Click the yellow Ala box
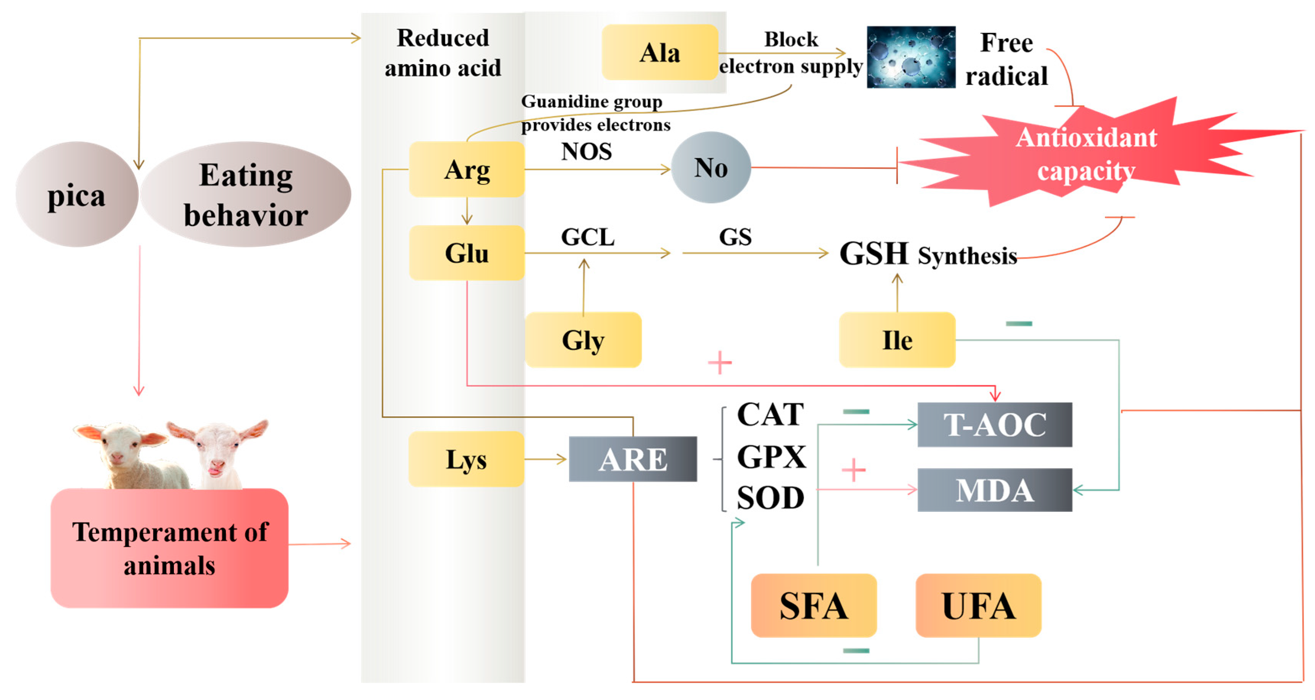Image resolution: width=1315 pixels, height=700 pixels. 660,53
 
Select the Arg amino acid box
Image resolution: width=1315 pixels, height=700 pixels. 467,170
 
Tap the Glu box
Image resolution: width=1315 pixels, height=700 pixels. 467,253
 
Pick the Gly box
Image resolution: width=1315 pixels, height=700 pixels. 583,340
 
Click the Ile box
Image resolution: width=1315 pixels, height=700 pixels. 897,340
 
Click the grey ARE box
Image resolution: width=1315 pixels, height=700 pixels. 632,459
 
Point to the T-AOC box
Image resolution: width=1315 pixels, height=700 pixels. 994,425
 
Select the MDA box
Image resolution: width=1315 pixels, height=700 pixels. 994,490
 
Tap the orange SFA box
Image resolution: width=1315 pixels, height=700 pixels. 814,606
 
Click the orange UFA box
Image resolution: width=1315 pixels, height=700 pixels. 978,606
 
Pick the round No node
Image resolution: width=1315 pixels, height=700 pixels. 710,167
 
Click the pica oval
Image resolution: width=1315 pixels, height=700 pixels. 76,195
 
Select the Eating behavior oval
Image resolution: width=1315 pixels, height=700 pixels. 246,195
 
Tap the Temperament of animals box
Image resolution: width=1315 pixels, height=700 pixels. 169,548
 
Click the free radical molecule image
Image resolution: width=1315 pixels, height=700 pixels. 911,57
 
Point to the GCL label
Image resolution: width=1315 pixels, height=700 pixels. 587,237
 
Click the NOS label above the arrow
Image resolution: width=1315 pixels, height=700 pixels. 587,152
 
